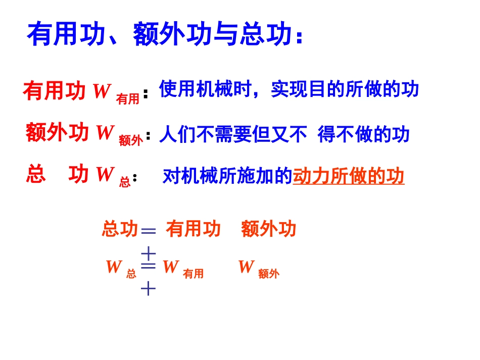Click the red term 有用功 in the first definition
[55, 91]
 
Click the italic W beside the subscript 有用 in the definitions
[101, 91]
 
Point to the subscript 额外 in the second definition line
[130, 141]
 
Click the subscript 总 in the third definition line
[125, 182]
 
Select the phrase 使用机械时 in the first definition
[205, 89]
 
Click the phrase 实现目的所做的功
[345, 89]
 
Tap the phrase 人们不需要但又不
[233, 134]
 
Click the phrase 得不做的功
[363, 134]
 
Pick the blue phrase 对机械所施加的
[227, 176]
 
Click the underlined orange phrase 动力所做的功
[349, 176]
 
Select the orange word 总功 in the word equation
[120, 229]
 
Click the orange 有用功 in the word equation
[193, 229]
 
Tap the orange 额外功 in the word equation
[268, 229]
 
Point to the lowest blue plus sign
[148, 289]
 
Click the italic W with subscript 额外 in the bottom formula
[246, 267]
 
